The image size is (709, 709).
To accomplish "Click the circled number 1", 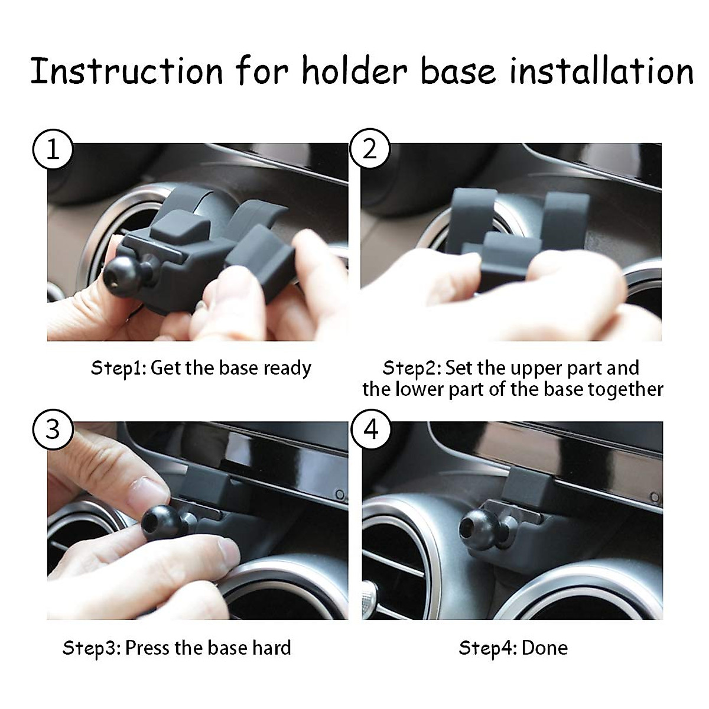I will (53, 149).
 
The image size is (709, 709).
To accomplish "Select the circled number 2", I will (370, 149).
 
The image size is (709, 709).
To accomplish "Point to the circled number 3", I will (53, 429).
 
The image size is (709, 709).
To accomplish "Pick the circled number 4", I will (370, 429).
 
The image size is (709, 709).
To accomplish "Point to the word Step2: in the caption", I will (411, 368).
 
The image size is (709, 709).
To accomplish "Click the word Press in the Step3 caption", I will (147, 648).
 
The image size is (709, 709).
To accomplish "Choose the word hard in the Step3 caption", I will (272, 648).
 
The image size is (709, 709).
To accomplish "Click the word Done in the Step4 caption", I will (545, 648).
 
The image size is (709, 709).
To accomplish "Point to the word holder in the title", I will (354, 71).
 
